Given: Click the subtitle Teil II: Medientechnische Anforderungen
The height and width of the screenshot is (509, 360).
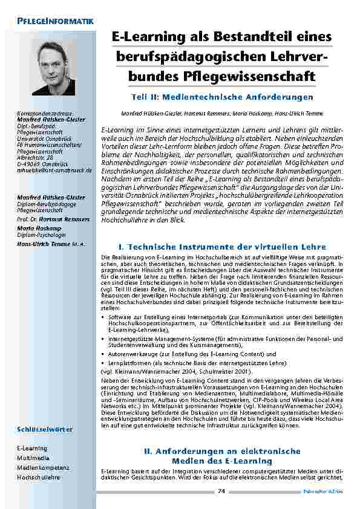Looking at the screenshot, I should point(221,97).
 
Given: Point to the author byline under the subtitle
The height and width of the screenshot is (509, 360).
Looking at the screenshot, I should point(221,113).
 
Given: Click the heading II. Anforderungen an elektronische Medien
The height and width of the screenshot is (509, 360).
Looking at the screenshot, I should point(221,456).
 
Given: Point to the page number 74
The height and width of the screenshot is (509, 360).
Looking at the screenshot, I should point(221,491).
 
